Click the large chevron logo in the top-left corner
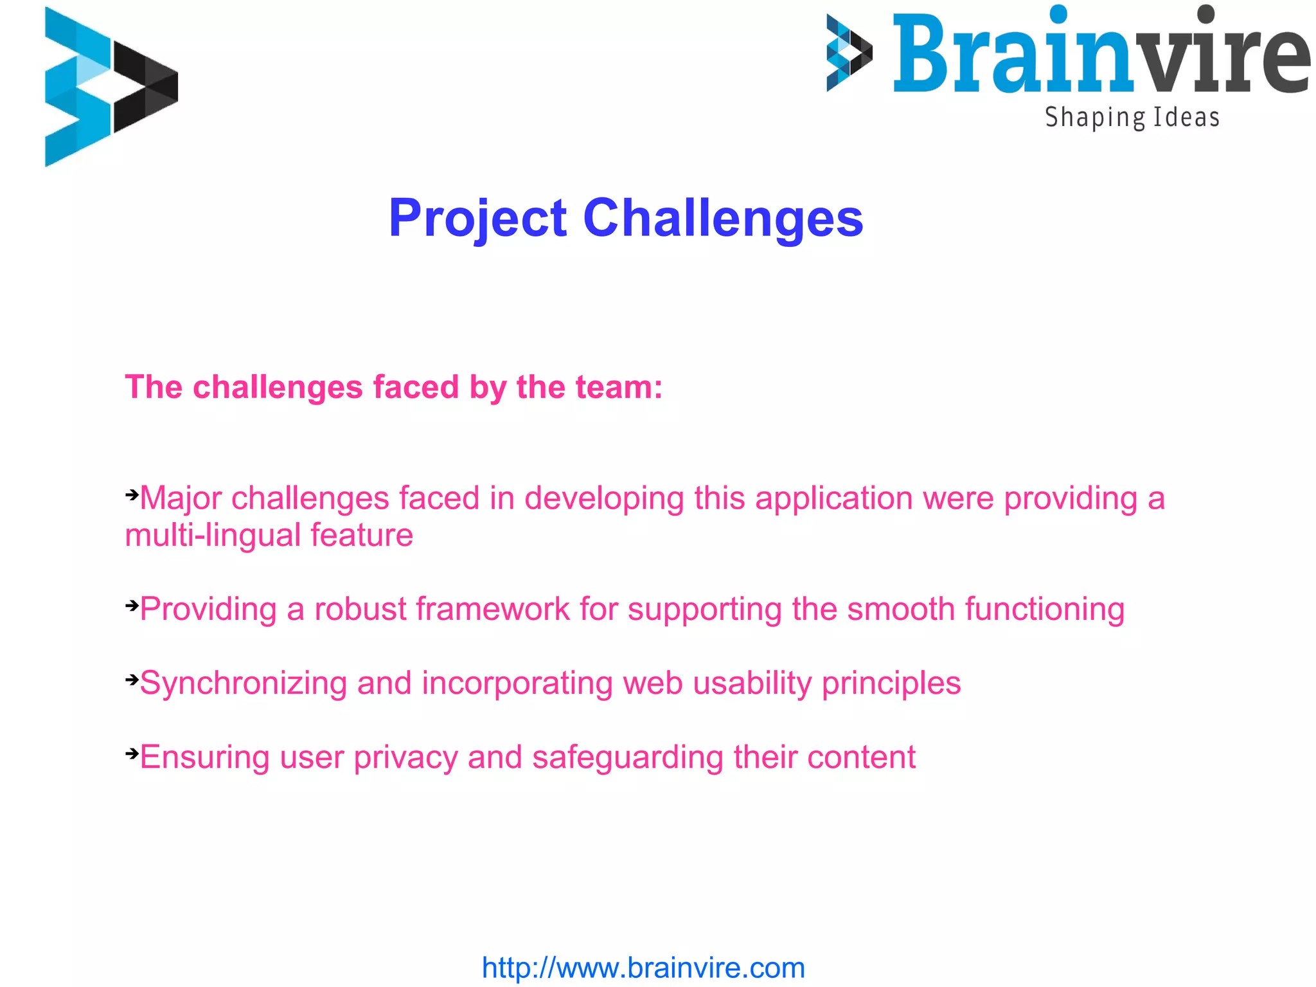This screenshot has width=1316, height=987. point(109,87)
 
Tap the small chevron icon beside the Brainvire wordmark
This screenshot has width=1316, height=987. point(848,53)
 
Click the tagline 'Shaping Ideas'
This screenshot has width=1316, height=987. point(1132,118)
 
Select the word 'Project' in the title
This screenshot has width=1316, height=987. point(477,219)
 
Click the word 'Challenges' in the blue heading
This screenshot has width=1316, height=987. point(723,219)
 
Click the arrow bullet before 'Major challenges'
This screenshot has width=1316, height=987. point(132,494)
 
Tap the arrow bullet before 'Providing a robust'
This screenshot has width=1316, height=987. point(132,605)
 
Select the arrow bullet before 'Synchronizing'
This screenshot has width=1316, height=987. point(132,679)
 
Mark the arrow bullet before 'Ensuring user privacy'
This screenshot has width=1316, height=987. point(132,753)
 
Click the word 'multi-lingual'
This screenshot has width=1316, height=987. point(213,536)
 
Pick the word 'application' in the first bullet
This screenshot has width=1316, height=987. point(833,498)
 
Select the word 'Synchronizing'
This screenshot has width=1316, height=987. point(244,683)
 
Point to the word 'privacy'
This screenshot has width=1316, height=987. point(405,757)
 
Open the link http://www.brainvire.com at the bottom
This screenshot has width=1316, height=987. point(643,968)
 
